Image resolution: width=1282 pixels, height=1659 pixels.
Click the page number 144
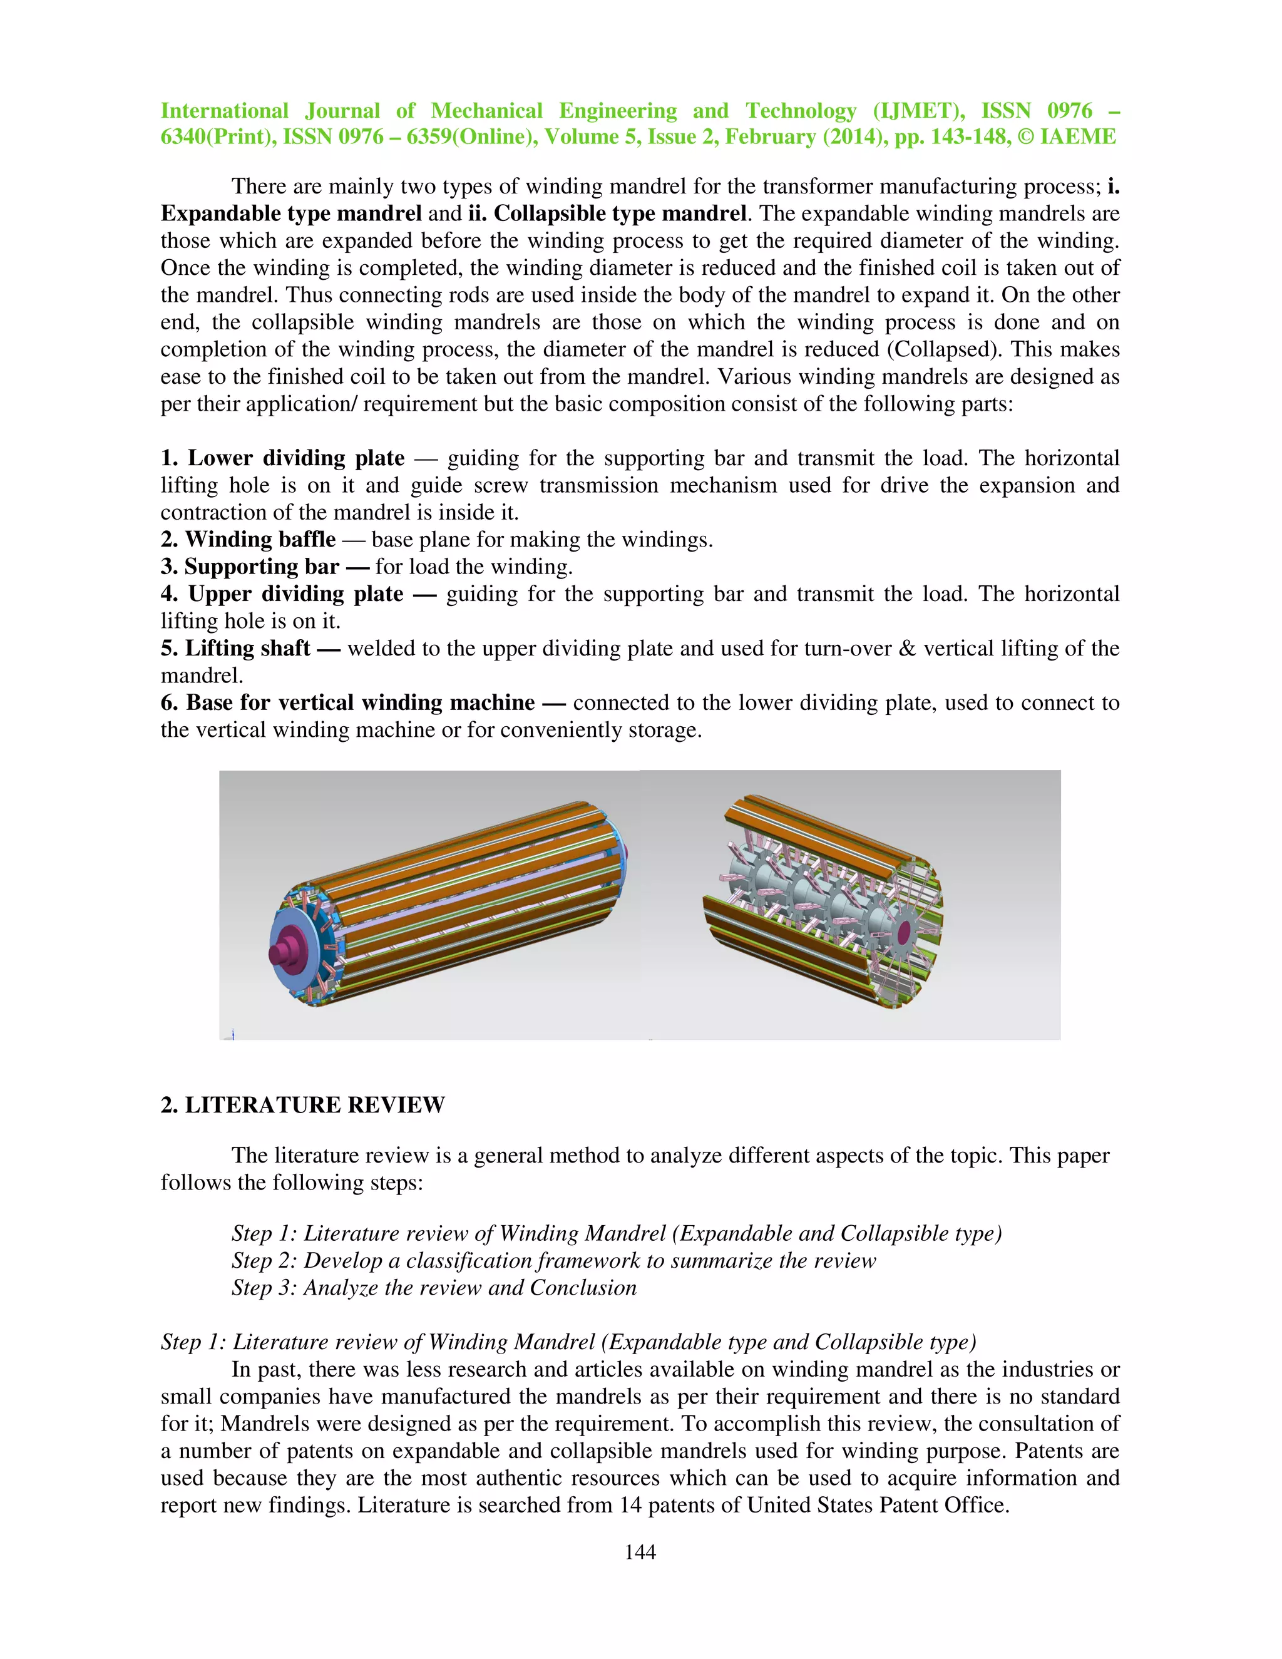(x=640, y=1552)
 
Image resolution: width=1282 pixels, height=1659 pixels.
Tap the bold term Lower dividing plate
(x=295, y=458)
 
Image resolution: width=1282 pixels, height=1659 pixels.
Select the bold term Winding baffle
(x=260, y=539)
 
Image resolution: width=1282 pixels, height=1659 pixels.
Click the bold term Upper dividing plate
(x=295, y=594)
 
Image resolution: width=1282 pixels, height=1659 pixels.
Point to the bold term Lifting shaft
(x=248, y=648)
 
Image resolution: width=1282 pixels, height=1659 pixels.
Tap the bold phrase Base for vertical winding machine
(x=360, y=702)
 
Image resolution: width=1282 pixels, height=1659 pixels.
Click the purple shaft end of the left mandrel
(x=287, y=951)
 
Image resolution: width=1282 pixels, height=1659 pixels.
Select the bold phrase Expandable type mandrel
(x=291, y=213)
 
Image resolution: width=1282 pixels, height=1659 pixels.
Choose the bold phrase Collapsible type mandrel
(x=620, y=213)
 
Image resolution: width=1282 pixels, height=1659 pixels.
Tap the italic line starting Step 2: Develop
(x=553, y=1260)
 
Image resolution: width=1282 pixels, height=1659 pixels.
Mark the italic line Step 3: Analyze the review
(x=434, y=1288)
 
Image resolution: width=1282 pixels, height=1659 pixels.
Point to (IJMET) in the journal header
(x=918, y=111)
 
